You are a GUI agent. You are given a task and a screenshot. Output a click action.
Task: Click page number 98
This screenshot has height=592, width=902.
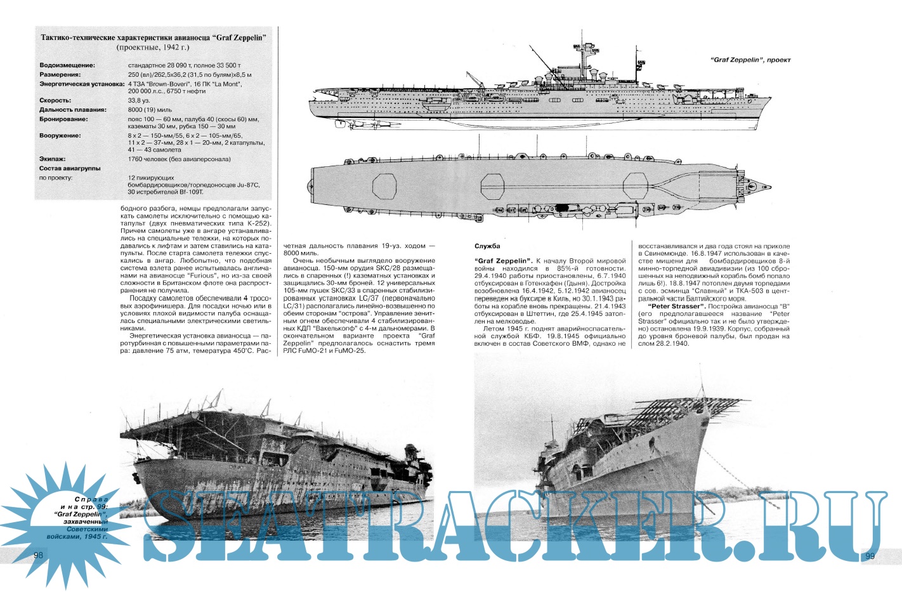pyautogui.click(x=37, y=555)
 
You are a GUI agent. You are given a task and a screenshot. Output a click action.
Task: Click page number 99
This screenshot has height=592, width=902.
pyautogui.click(x=870, y=556)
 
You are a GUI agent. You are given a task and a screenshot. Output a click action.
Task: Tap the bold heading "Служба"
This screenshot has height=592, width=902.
pyautogui.click(x=487, y=246)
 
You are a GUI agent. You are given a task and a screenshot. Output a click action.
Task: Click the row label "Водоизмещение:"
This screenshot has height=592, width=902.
pyautogui.click(x=67, y=65)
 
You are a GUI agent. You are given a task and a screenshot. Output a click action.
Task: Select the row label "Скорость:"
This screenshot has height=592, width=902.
pyautogui.click(x=55, y=100)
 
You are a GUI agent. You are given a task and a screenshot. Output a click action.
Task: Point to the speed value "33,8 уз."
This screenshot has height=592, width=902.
pyautogui.click(x=139, y=100)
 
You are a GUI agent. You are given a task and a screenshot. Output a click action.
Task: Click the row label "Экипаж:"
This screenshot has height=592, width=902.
pyautogui.click(x=53, y=159)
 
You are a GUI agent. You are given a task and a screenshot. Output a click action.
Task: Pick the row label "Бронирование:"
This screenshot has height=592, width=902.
pyautogui.click(x=63, y=119)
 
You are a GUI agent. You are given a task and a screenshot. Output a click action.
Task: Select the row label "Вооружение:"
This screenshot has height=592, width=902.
pyautogui.click(x=60, y=136)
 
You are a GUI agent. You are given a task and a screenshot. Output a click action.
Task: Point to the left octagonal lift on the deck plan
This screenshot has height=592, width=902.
pyautogui.click(x=384, y=185)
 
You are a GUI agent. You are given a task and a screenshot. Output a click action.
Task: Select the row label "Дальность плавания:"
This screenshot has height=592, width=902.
pyautogui.click(x=73, y=110)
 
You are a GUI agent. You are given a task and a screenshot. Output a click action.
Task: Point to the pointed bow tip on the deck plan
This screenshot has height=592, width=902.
pyautogui.click(x=769, y=187)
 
